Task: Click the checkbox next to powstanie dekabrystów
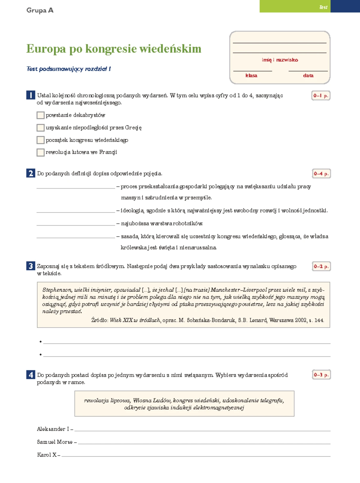[40, 115]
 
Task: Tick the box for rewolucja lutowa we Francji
[40, 152]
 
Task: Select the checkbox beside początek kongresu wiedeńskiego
[40, 140]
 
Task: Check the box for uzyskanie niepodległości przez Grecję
[40, 128]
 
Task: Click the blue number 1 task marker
[31, 95]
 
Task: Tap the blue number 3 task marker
[31, 266]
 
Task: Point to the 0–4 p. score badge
[321, 174]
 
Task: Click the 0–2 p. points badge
[321, 266]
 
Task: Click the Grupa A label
[40, 10]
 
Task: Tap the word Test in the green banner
[323, 7]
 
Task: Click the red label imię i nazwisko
[280, 60]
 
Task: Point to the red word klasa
[251, 76]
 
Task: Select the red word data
[308, 76]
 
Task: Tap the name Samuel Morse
[55, 442]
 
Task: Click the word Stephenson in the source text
[57, 290]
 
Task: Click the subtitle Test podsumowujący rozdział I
[69, 69]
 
